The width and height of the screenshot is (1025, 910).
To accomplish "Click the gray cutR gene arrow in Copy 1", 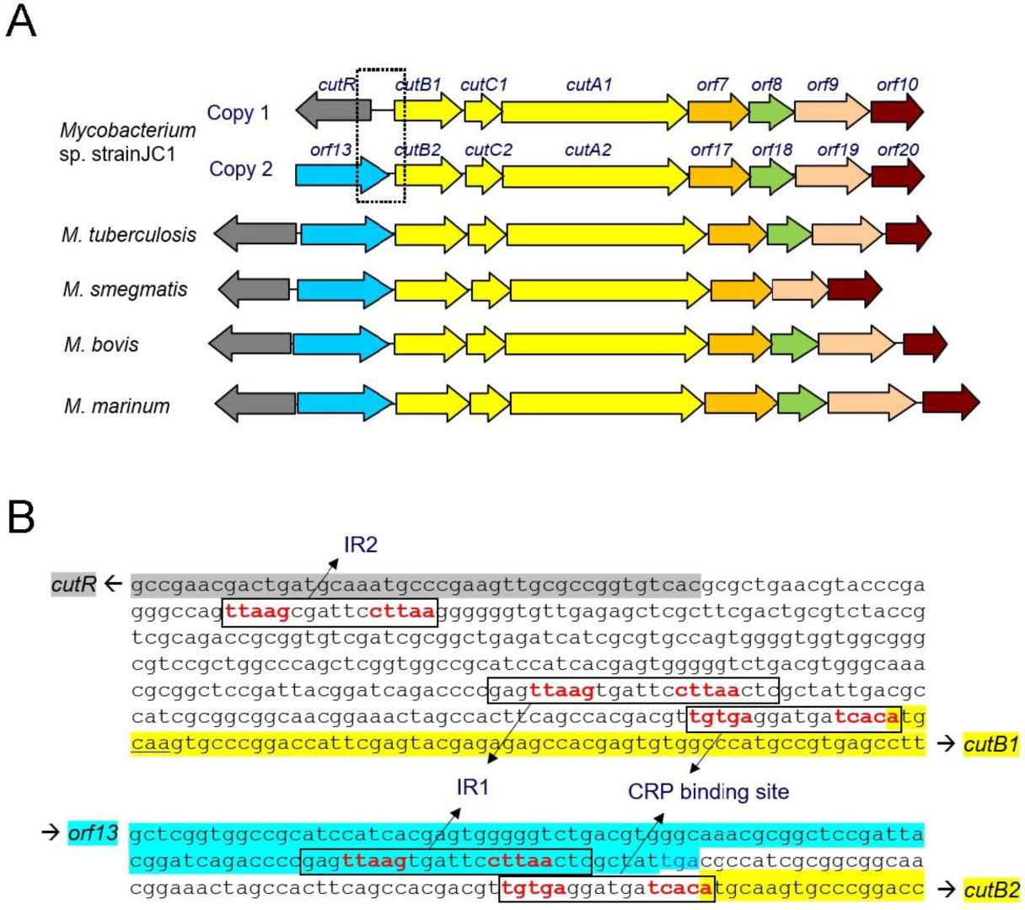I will [333, 110].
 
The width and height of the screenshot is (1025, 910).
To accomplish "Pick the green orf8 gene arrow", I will [770, 111].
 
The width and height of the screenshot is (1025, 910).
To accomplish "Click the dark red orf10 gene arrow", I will [896, 111].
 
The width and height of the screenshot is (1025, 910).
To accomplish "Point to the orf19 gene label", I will [838, 150].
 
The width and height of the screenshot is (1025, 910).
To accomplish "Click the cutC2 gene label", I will [488, 150].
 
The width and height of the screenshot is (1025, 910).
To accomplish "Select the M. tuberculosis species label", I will [129, 234].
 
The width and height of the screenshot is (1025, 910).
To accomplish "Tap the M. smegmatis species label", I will [125, 290].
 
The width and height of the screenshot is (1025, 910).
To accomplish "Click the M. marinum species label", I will [117, 406].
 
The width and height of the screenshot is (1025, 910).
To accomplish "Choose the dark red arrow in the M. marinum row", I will [950, 402].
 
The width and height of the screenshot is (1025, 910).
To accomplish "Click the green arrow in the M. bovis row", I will [793, 344].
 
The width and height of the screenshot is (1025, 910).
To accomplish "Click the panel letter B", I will [21, 517].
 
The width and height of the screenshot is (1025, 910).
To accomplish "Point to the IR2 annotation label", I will [360, 545].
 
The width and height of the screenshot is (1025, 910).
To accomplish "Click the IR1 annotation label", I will [473, 787].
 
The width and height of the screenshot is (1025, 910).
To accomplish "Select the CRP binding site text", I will [708, 791].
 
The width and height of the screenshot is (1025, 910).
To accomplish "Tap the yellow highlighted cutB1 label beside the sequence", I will [991, 744].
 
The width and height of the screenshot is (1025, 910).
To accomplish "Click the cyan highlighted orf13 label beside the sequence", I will [92, 834].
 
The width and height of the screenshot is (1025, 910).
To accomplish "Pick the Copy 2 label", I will [241, 169].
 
